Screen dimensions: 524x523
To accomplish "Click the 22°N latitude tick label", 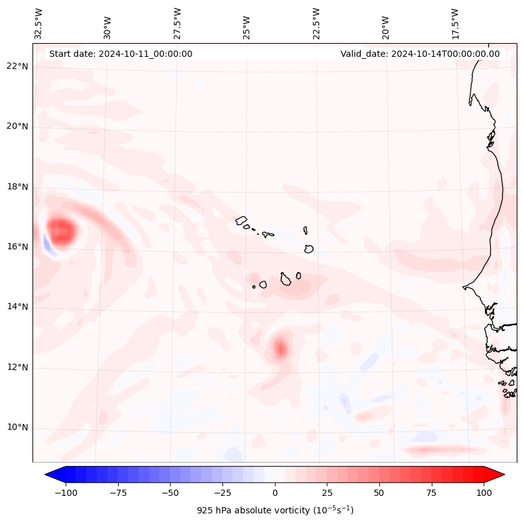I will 17,66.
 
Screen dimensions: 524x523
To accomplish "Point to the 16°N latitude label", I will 17,247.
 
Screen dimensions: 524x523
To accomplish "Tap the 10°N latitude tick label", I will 17,428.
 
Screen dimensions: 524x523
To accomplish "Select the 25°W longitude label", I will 247,24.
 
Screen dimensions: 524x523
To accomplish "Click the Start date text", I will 121,54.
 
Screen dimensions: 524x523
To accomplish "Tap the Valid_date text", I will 420,54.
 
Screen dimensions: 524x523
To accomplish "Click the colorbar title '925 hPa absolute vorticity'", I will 275,510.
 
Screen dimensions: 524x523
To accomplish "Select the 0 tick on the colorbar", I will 275,493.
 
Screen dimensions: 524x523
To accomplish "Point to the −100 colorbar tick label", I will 66,493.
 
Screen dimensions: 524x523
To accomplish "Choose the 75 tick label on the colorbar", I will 431,493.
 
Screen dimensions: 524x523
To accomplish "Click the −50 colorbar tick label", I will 170,493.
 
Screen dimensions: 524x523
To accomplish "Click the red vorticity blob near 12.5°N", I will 280,348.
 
